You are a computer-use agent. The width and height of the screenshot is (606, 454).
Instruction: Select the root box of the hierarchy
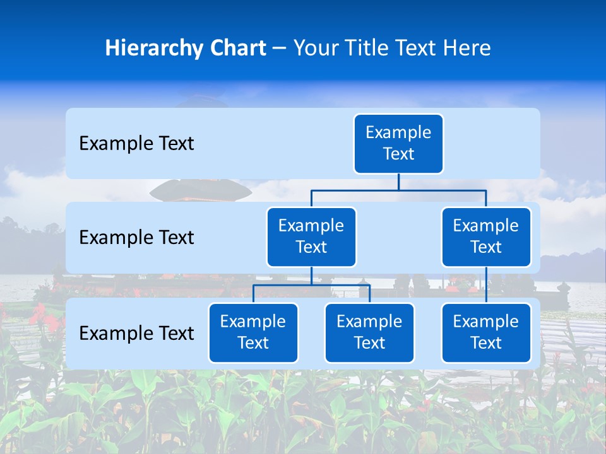(398, 144)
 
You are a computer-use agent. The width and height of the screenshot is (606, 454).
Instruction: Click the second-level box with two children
(311, 237)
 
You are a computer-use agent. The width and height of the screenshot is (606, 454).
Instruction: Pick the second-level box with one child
(486, 237)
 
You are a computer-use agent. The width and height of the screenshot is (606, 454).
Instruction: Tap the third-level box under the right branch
(486, 333)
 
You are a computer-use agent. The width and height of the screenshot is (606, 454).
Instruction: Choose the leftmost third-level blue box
(253, 333)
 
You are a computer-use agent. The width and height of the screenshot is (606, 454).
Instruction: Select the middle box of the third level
(369, 333)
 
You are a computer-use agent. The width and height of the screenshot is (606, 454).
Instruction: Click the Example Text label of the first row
(136, 144)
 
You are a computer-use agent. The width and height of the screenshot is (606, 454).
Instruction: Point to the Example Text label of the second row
(136, 238)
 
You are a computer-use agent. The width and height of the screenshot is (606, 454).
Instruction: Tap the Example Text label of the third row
(136, 334)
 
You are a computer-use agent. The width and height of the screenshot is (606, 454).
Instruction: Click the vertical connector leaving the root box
(398, 182)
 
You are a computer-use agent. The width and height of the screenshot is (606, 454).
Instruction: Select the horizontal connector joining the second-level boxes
(398, 190)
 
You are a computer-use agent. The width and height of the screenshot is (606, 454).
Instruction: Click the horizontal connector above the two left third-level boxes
(311, 285)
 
